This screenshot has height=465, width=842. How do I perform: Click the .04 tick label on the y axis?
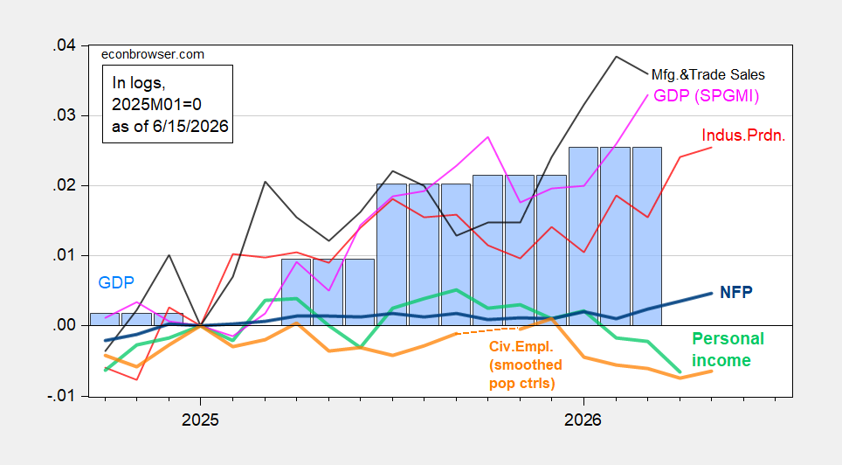click(64, 46)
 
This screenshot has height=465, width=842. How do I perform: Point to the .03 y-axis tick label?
click(64, 116)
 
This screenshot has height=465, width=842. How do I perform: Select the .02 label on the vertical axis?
click(64, 186)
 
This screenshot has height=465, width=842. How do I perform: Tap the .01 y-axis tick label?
click(64, 256)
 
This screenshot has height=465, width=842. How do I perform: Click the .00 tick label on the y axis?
click(64, 326)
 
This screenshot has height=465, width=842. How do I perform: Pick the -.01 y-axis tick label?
click(60, 396)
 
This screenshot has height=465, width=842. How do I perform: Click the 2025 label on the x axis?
click(200, 420)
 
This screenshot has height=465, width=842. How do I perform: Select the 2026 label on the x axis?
click(583, 420)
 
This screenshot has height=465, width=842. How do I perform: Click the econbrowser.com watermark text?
click(153, 54)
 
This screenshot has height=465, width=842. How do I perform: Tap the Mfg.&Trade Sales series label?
click(707, 74)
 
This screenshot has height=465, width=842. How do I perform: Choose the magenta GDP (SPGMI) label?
click(706, 96)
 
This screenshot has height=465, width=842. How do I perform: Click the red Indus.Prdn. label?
click(743, 135)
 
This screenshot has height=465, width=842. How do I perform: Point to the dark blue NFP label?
click(736, 293)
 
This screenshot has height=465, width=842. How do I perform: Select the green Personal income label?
click(728, 350)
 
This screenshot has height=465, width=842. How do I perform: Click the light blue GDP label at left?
click(116, 283)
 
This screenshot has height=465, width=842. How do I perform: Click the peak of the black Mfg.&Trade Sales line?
click(616, 57)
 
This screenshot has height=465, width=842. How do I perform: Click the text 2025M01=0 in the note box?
click(157, 104)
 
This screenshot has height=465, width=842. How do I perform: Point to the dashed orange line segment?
click(488, 331)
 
